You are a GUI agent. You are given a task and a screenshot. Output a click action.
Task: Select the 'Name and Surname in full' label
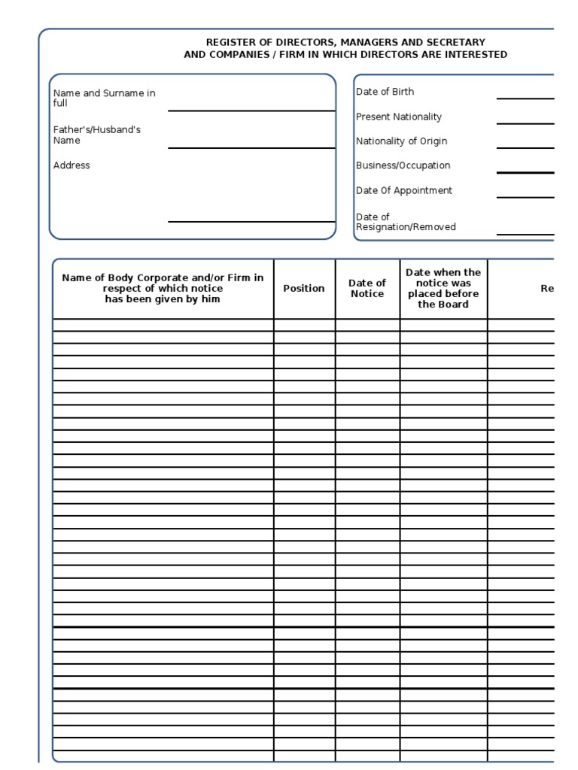pos(104,98)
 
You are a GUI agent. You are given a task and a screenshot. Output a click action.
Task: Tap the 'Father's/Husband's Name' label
pos(96,135)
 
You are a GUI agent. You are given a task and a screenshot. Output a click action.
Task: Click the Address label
pos(71,165)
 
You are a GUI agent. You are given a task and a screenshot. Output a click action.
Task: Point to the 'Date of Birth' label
pos(385,92)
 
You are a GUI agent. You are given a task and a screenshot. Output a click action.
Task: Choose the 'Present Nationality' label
pos(398,117)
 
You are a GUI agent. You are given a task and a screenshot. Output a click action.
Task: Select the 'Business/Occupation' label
pos(403,165)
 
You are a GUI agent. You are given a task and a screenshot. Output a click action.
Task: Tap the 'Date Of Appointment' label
pos(403,190)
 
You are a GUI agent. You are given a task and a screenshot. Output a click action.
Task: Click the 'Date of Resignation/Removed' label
pos(405,222)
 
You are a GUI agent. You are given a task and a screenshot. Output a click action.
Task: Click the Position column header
pos(304,288)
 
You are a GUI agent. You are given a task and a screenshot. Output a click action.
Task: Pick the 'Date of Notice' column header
pos(367,288)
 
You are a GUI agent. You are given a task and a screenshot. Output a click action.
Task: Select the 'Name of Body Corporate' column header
pos(163,288)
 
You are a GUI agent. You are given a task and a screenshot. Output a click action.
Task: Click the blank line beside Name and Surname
pos(251,110)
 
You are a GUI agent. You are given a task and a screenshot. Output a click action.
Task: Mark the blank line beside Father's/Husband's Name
pos(251,147)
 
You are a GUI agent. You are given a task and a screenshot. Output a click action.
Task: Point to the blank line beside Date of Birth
pos(525,98)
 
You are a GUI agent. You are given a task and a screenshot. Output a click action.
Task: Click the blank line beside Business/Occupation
pos(525,172)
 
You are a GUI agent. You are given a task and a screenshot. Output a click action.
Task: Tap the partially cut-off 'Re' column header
pos(547,288)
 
